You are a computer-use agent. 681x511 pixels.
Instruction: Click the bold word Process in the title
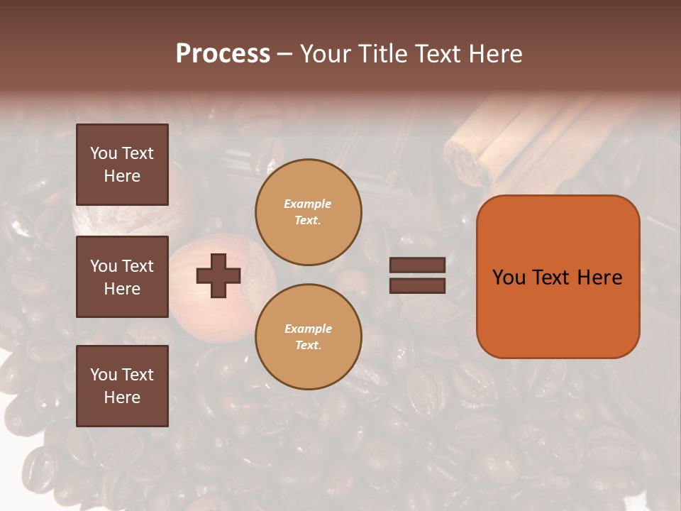pos(223,54)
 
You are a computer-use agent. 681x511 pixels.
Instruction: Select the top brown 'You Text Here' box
pos(122,165)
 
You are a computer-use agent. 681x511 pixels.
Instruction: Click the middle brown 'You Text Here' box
pos(122,277)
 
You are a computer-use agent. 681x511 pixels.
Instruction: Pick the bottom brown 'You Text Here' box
pos(122,386)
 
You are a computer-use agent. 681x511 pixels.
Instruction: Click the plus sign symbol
pos(218,275)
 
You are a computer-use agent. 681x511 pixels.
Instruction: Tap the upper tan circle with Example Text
pos(309,212)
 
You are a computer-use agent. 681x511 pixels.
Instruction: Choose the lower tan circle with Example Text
pos(309,337)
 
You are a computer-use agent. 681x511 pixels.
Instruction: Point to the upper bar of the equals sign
pos(417,265)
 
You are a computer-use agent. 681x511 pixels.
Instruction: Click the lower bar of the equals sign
pos(417,285)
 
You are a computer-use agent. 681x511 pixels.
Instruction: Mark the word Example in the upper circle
pos(307,204)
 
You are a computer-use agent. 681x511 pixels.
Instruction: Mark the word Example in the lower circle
pos(308,329)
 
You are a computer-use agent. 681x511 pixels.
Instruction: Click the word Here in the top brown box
pos(122,176)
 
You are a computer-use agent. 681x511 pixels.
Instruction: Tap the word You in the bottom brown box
pos(102,375)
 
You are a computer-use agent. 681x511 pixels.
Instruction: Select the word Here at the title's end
pos(497,54)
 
